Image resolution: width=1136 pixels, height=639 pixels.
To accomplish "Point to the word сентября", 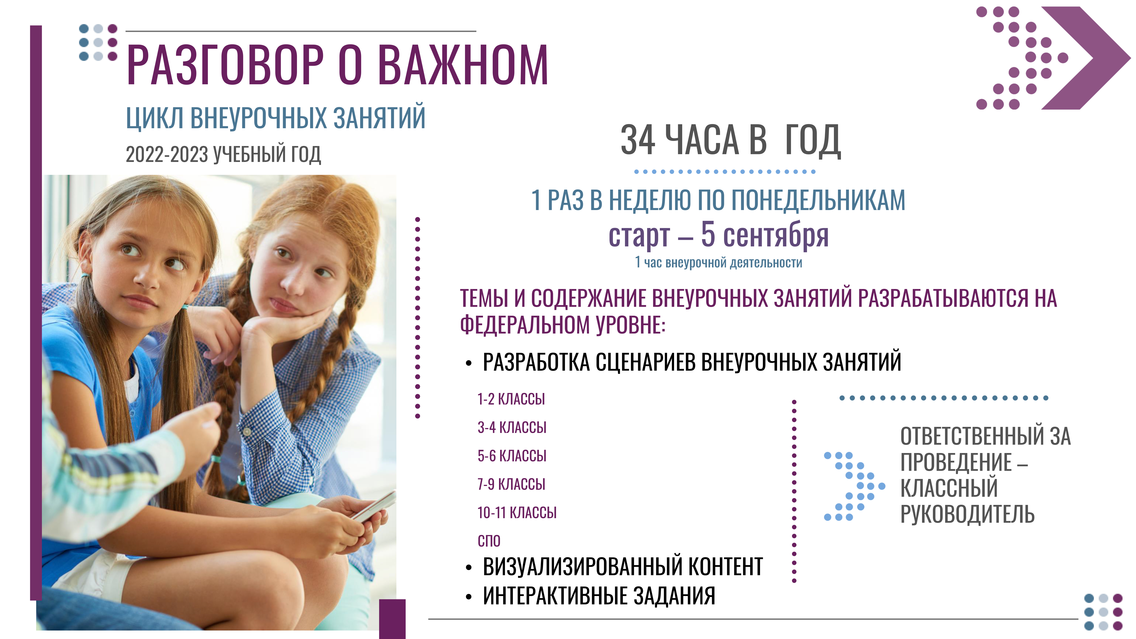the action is coord(776,235).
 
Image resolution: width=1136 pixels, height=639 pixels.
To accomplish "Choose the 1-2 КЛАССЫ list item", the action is coord(511,399).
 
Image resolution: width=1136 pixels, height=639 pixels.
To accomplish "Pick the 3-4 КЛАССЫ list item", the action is coord(512,427).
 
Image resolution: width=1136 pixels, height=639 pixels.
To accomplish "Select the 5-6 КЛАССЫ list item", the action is coord(512,455).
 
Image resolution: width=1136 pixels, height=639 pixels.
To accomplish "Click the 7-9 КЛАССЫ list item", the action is coord(511,484).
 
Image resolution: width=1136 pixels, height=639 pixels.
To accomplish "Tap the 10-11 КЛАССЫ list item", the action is coord(517,512).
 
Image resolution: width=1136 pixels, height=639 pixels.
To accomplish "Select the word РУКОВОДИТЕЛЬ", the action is coord(967,514).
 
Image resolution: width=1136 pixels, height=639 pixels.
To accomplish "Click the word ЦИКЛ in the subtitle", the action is coord(154,118).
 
